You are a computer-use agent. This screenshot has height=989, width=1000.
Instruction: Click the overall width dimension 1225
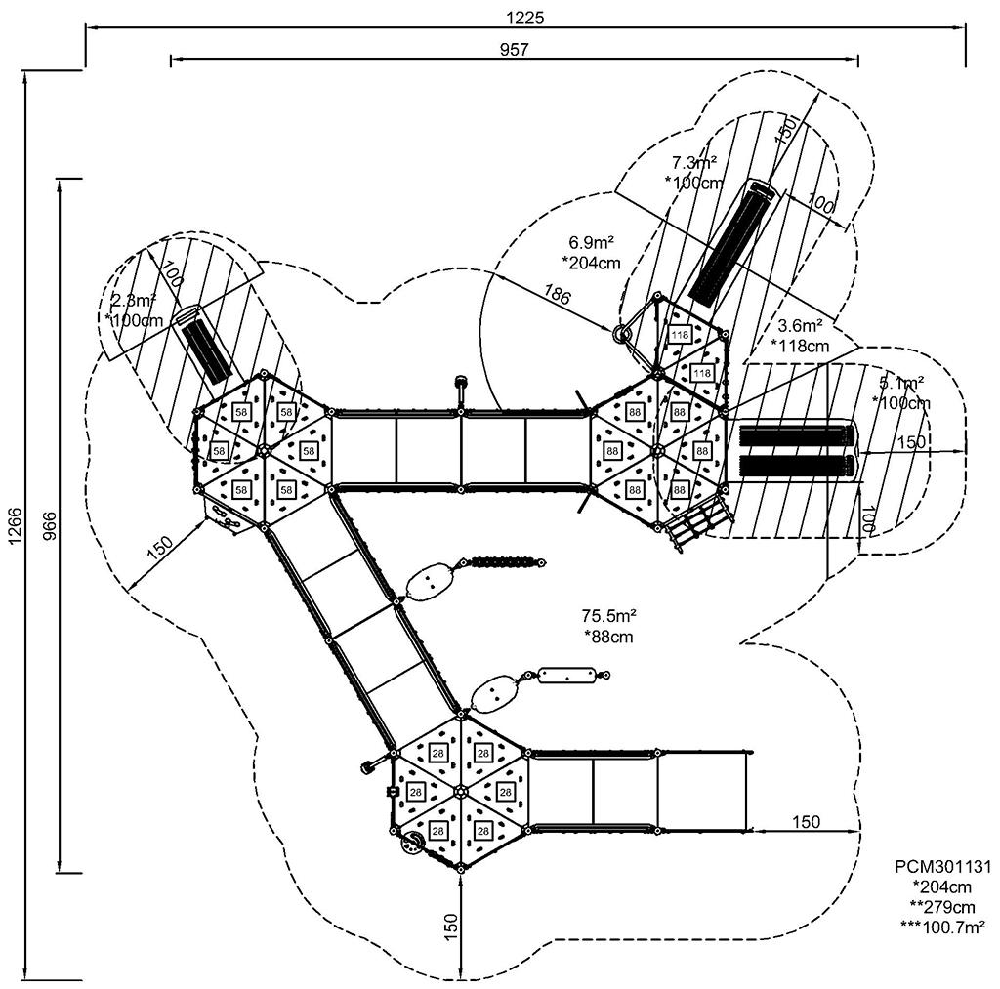tap(524, 17)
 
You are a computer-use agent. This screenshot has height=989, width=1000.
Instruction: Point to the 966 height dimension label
tap(47, 528)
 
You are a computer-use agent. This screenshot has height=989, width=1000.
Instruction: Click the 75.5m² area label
tap(609, 616)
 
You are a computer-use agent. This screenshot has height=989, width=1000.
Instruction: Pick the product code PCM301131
tap(943, 867)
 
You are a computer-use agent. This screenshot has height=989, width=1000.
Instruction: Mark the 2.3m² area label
tap(135, 300)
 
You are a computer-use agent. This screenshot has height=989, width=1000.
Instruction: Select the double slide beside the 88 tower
tap(796, 450)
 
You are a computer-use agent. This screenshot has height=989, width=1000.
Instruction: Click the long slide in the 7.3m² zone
tap(733, 242)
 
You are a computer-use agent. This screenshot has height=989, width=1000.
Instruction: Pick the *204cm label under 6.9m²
tap(593, 262)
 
